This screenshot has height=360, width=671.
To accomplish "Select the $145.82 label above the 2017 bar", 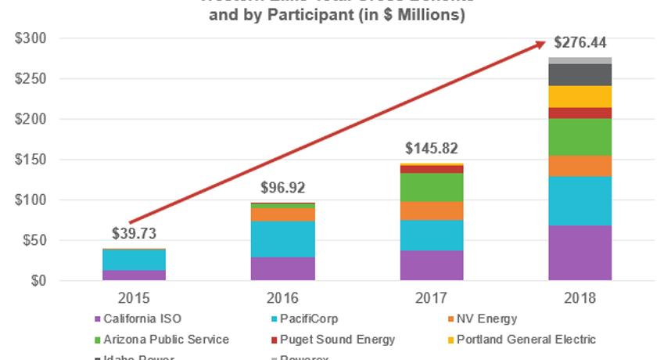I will pyautogui.click(x=431, y=149).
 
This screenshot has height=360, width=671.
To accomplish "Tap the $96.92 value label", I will pyautogui.click(x=282, y=188).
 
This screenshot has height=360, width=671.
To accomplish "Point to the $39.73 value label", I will pyautogui.click(x=134, y=234).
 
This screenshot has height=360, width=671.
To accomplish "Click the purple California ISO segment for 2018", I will pyautogui.click(x=579, y=253).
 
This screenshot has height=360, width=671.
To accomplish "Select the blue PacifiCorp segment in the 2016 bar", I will pyautogui.click(x=282, y=239).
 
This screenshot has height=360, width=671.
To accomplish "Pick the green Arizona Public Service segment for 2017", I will pyautogui.click(x=431, y=187).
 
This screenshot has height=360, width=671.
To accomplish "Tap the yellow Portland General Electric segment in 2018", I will pyautogui.click(x=579, y=96).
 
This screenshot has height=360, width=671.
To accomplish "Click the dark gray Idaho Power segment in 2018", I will pyautogui.click(x=579, y=74).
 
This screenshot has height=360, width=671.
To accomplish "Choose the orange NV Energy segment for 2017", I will pyautogui.click(x=431, y=211).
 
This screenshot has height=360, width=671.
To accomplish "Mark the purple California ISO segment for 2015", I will pyautogui.click(x=134, y=275).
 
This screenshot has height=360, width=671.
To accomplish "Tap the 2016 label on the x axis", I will pyautogui.click(x=282, y=299).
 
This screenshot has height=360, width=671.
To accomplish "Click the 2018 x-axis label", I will pyautogui.click(x=579, y=299).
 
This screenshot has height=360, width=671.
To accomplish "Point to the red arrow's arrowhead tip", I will pyautogui.click(x=544, y=43).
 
